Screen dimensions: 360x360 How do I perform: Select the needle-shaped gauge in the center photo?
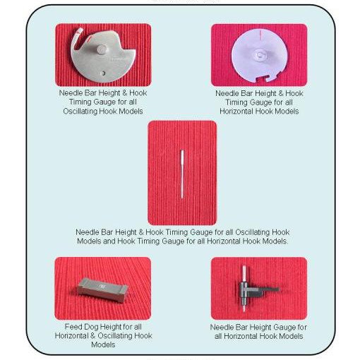tap(182, 174)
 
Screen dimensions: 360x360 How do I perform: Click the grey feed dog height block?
tap(103, 290)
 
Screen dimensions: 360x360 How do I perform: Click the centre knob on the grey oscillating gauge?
tap(102, 49)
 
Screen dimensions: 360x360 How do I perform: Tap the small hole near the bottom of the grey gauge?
tap(103, 73)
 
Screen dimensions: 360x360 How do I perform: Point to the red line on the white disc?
tap(260, 35)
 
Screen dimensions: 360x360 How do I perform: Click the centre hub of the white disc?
tap(260, 55)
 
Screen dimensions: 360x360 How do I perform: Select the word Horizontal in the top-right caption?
tap(236, 111)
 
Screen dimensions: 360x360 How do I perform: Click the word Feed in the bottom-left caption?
tap(73, 327)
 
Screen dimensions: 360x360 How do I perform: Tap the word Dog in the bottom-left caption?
tap(92, 328)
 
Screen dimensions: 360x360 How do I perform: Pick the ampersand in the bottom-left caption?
tap(92, 336)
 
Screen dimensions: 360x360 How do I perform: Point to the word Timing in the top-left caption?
tap(80, 102)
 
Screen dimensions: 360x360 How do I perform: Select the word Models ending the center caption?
tap(275, 241)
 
